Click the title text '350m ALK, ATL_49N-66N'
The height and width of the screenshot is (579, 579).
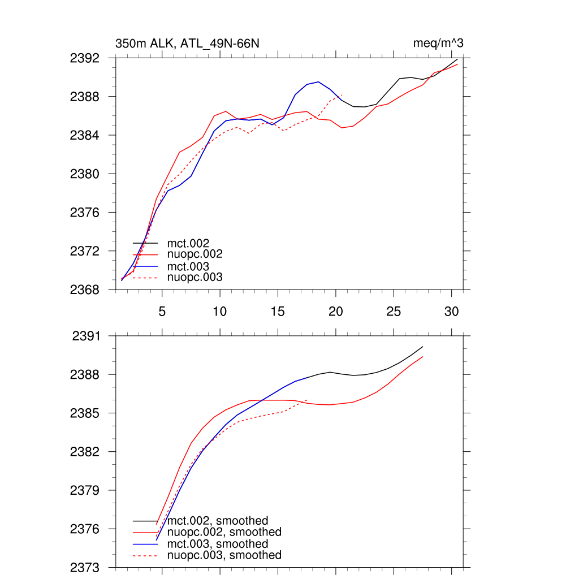pos(187,44)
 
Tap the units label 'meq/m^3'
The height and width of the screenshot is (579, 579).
pos(439,44)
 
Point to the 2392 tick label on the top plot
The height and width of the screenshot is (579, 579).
pos(85,58)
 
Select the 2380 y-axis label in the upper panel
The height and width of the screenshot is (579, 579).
pos(85,174)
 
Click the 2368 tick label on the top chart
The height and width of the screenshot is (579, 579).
pos(85,289)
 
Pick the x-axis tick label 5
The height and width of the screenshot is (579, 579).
pos(162,311)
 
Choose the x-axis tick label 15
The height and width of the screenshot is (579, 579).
pos(278,311)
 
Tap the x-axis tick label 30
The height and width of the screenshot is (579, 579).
pos(451,311)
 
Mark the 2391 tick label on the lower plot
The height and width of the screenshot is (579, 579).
pos(86,336)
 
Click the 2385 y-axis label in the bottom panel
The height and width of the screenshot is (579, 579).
pos(85,413)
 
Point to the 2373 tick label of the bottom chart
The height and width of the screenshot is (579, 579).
pos(85,567)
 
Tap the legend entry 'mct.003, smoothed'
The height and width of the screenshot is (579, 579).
pos(218,544)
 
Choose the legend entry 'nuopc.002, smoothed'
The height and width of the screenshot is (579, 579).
pos(224,532)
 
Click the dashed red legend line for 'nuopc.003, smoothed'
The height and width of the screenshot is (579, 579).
pos(145,556)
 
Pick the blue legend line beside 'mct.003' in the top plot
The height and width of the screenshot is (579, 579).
pos(145,266)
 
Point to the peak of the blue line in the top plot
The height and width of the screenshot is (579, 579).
pos(318,82)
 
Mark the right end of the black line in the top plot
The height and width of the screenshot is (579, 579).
pos(457,59)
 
